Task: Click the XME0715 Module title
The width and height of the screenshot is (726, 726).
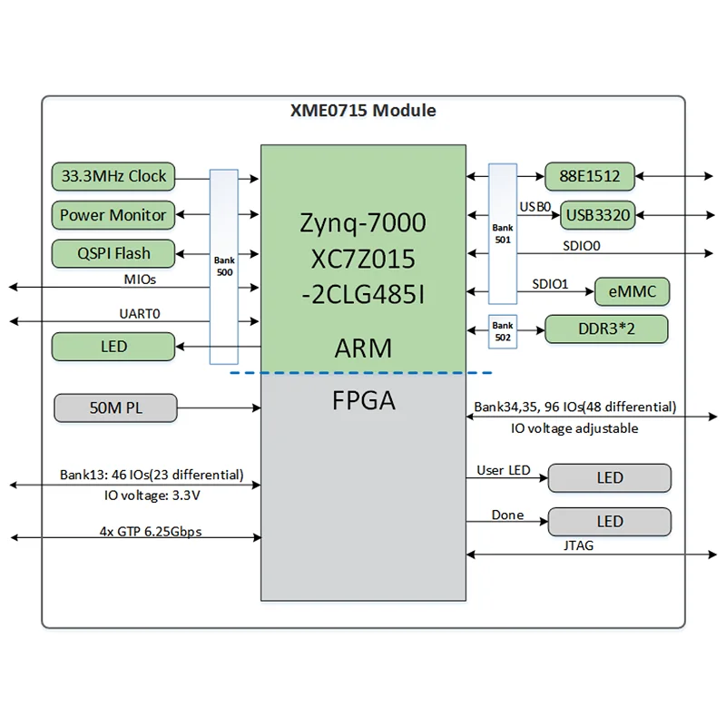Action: point(363,111)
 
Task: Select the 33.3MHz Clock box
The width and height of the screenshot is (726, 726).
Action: point(113,176)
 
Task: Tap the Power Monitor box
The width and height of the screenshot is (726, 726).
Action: point(113,215)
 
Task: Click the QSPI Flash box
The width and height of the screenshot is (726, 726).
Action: point(113,253)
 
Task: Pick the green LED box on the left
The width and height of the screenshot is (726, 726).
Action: point(113,347)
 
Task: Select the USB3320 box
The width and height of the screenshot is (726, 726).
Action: point(596,215)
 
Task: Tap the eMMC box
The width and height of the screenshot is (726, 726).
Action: point(631,292)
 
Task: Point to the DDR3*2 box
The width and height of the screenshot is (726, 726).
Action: point(606,329)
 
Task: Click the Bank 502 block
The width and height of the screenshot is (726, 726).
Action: point(502,329)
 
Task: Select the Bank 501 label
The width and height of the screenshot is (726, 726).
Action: point(502,234)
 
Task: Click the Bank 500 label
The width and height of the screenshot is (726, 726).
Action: point(223,265)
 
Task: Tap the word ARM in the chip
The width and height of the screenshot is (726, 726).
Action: point(363,348)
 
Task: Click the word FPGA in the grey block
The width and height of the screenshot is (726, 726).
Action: point(363,400)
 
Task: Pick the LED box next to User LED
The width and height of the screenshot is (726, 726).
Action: point(610,477)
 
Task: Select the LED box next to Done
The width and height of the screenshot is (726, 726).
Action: point(610,521)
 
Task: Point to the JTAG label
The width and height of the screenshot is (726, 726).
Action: point(577,546)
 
